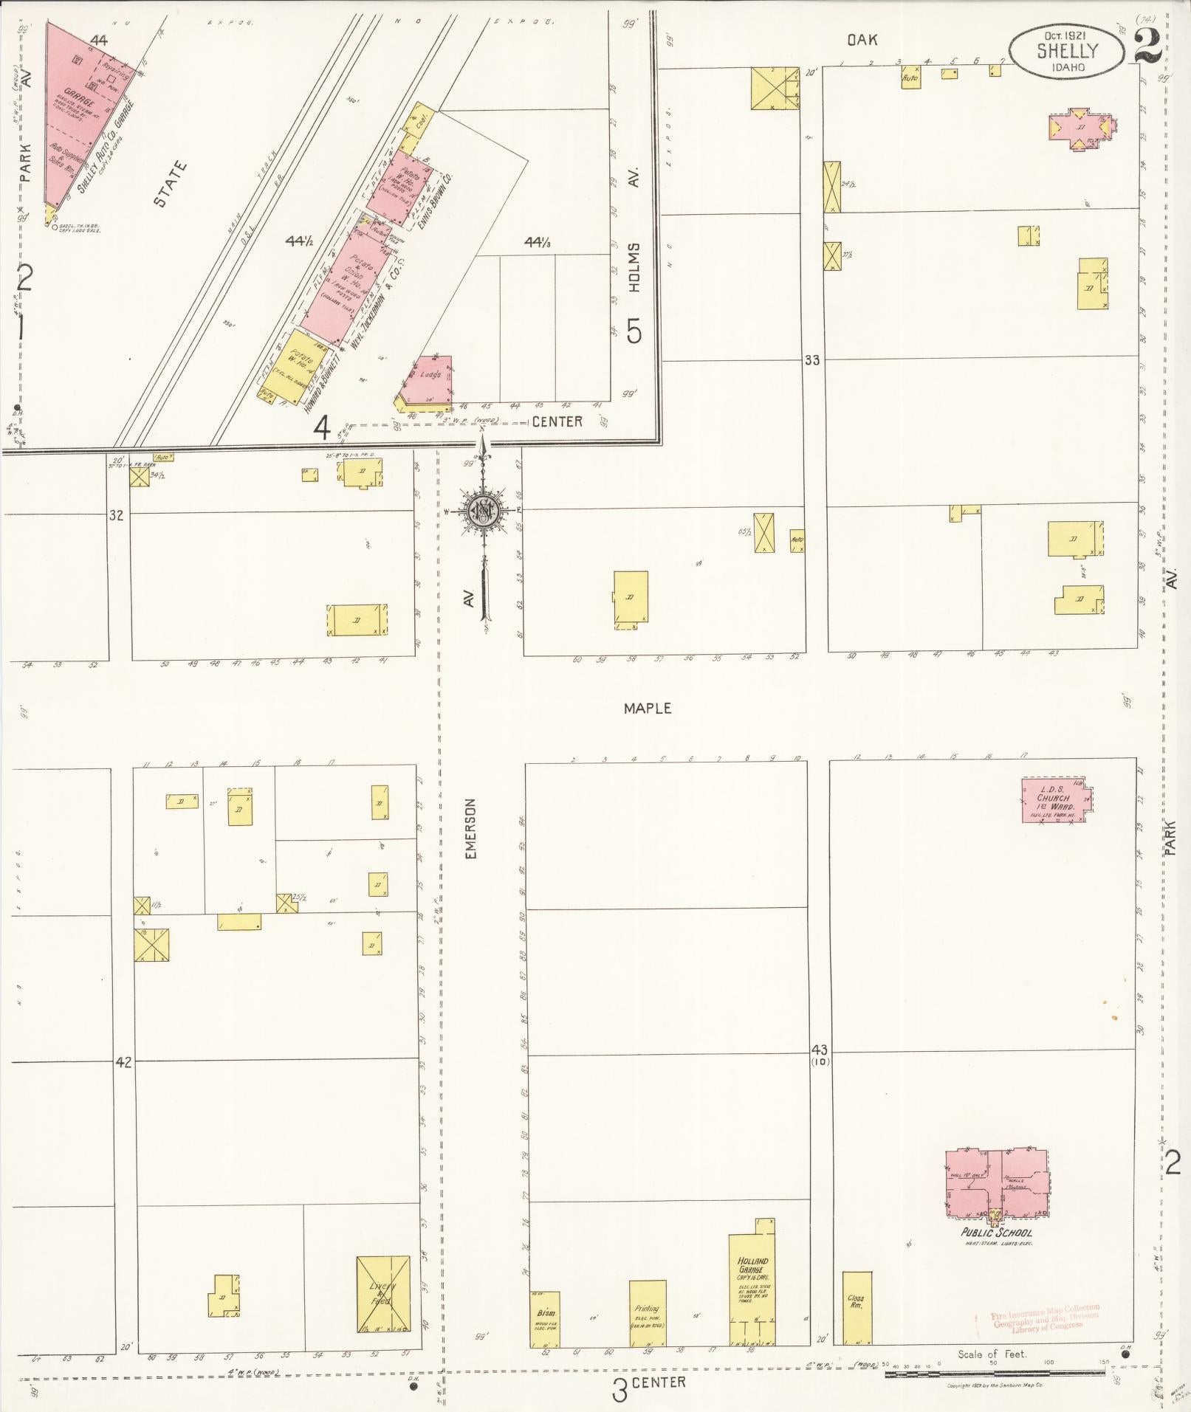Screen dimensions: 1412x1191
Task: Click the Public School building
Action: click(998, 1185)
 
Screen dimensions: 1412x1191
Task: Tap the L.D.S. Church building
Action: click(1056, 799)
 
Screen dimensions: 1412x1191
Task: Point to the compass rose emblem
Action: click(484, 510)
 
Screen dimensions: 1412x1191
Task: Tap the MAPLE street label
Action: click(648, 708)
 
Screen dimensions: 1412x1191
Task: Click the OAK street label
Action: click(862, 41)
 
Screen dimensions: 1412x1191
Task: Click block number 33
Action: click(812, 360)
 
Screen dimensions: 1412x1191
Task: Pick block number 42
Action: click(123, 1062)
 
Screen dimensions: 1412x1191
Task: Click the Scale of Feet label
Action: click(992, 1354)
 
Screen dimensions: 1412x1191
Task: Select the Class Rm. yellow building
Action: click(857, 1307)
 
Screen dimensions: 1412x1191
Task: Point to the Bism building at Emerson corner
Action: click(545, 1319)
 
